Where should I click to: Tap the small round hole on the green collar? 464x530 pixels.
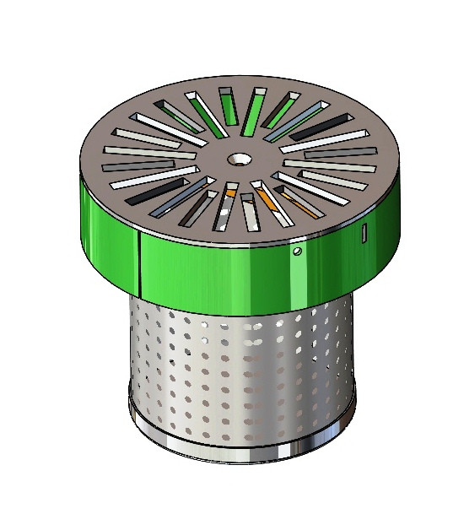(297, 251)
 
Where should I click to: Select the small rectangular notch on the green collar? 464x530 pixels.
(364, 232)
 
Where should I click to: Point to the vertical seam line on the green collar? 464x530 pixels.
(138, 257)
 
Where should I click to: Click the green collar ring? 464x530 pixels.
(211, 270)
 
